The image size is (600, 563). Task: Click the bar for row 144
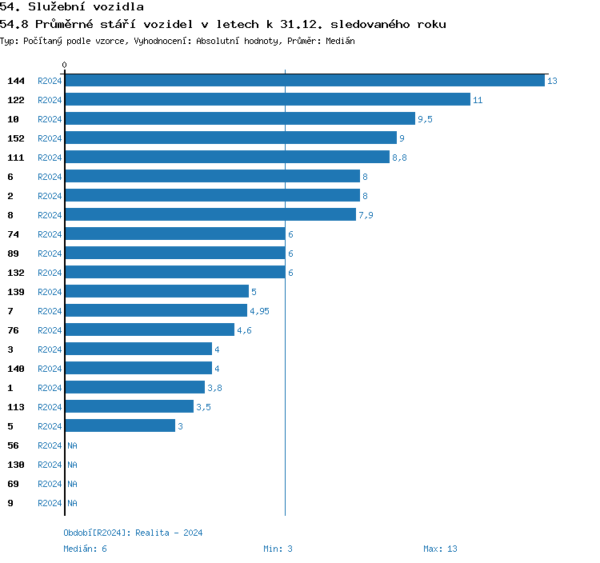pos(304,81)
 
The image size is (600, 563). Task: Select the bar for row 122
pos(267,100)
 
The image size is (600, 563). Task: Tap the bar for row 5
pos(120,426)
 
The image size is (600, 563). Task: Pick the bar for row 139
pos(157,292)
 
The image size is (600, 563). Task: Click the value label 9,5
pos(425,119)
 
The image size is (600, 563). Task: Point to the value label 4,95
pos(259,311)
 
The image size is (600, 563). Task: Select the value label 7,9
pos(366,215)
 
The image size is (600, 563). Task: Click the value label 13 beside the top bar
pos(552,81)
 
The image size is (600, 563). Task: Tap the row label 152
pos(16,138)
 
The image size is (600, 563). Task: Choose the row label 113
pos(16,407)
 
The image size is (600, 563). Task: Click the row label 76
pos(13,330)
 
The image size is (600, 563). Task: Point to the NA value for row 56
pos(72,445)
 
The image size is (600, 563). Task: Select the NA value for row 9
pos(72,503)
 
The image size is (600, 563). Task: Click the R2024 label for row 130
pos(50,465)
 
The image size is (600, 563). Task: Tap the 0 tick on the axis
pos(65,65)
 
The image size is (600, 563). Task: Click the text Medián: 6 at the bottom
pos(86,549)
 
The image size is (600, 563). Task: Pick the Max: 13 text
pos(440,549)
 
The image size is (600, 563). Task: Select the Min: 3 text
pos(278,549)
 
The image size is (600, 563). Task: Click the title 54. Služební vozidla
pos(71,7)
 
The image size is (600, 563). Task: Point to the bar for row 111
pos(227,158)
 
